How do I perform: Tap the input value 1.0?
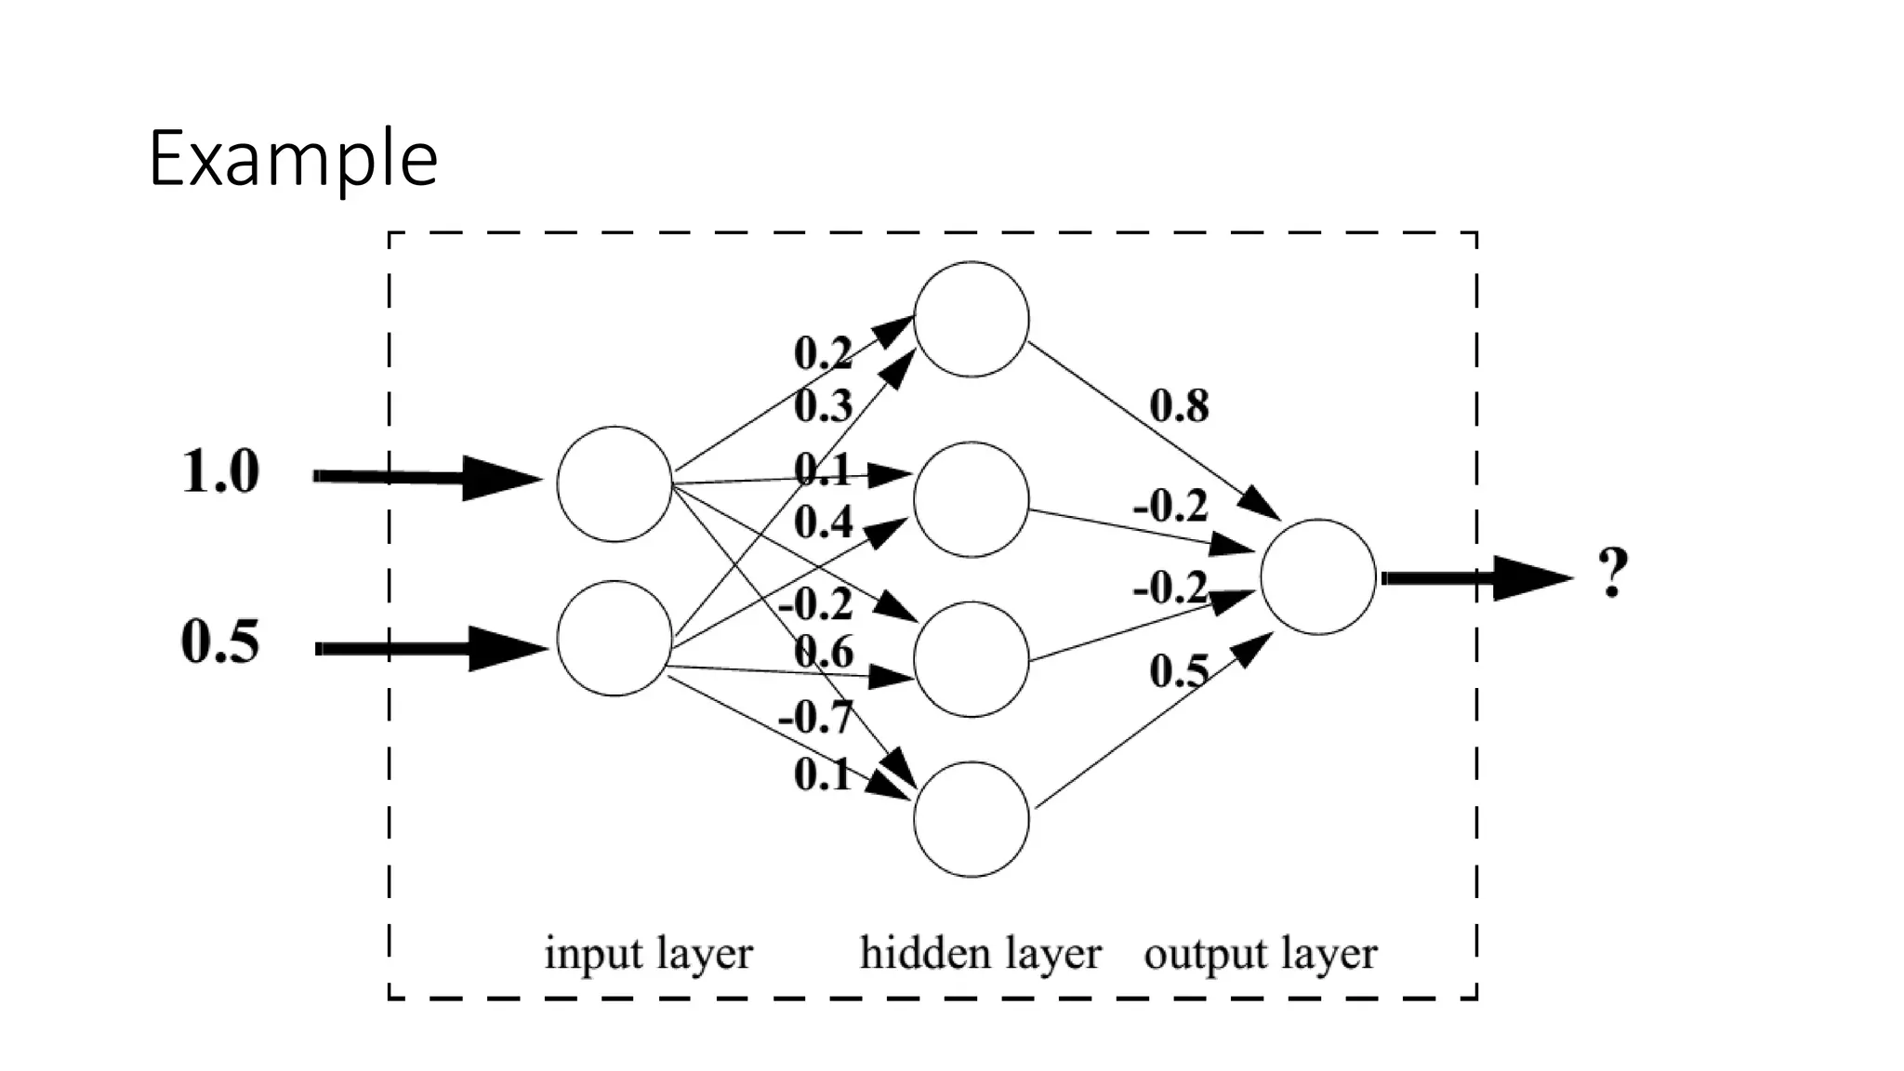click(219, 471)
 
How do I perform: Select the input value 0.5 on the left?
click(219, 641)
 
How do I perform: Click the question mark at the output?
click(1613, 573)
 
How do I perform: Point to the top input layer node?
click(615, 483)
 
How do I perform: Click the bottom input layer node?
click(615, 638)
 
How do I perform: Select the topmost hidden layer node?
click(972, 319)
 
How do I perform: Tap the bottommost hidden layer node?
click(972, 819)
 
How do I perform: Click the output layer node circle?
click(1318, 576)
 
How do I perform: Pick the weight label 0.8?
click(1179, 405)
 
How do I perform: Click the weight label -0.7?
click(815, 717)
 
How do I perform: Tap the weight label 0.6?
click(824, 651)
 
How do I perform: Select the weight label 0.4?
click(823, 522)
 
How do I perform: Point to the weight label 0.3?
click(823, 406)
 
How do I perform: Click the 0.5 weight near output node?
click(1179, 671)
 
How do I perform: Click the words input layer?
click(648, 954)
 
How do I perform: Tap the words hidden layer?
click(981, 954)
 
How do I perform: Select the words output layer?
click(1261, 954)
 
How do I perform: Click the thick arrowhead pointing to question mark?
click(1529, 578)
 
